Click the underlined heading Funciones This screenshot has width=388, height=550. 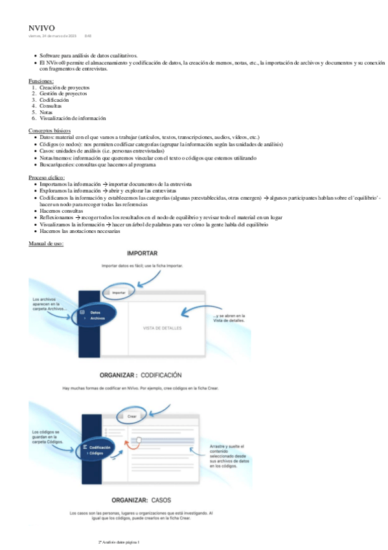41,80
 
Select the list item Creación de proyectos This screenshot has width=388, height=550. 64,87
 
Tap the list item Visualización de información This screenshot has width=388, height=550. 73,118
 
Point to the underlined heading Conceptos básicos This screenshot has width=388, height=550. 50,130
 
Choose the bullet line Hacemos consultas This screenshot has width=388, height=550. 61,211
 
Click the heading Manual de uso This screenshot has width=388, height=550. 45,243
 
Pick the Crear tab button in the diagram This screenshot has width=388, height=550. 131,415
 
